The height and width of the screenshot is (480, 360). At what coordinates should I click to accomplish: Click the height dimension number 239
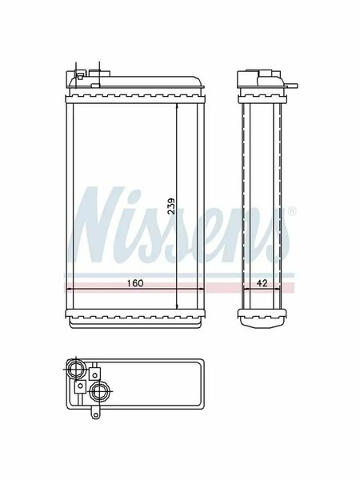(172, 206)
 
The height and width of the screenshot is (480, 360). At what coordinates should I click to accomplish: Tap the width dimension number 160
(135, 283)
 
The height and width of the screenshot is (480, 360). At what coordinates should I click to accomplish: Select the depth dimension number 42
(262, 283)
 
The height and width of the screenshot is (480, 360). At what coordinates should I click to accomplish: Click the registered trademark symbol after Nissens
(292, 211)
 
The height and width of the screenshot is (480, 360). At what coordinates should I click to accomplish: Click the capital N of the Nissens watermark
(97, 224)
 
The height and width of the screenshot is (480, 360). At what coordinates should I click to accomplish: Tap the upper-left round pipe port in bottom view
(76, 369)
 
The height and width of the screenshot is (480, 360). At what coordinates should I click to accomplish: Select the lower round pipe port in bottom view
(99, 391)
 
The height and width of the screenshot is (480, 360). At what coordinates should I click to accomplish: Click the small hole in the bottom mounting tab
(95, 414)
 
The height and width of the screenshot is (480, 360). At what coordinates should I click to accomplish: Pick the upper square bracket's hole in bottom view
(95, 375)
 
